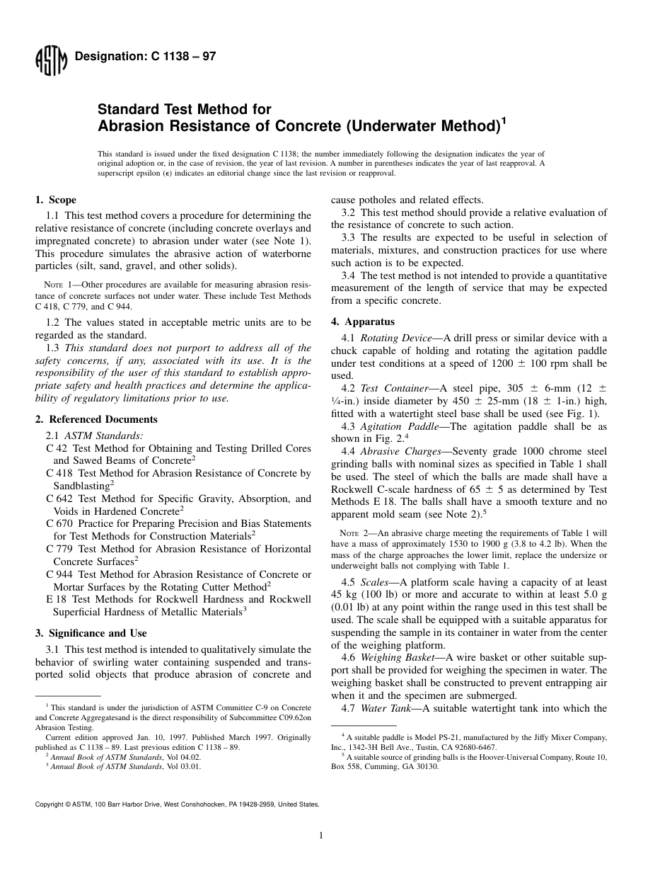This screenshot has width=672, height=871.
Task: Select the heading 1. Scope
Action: click(x=56, y=200)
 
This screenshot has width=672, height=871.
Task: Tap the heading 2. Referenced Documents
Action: click(x=96, y=419)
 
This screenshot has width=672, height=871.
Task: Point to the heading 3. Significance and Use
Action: click(x=91, y=633)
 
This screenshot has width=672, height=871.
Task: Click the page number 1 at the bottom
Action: click(x=321, y=836)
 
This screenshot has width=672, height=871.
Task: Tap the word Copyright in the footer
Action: click(x=49, y=804)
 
